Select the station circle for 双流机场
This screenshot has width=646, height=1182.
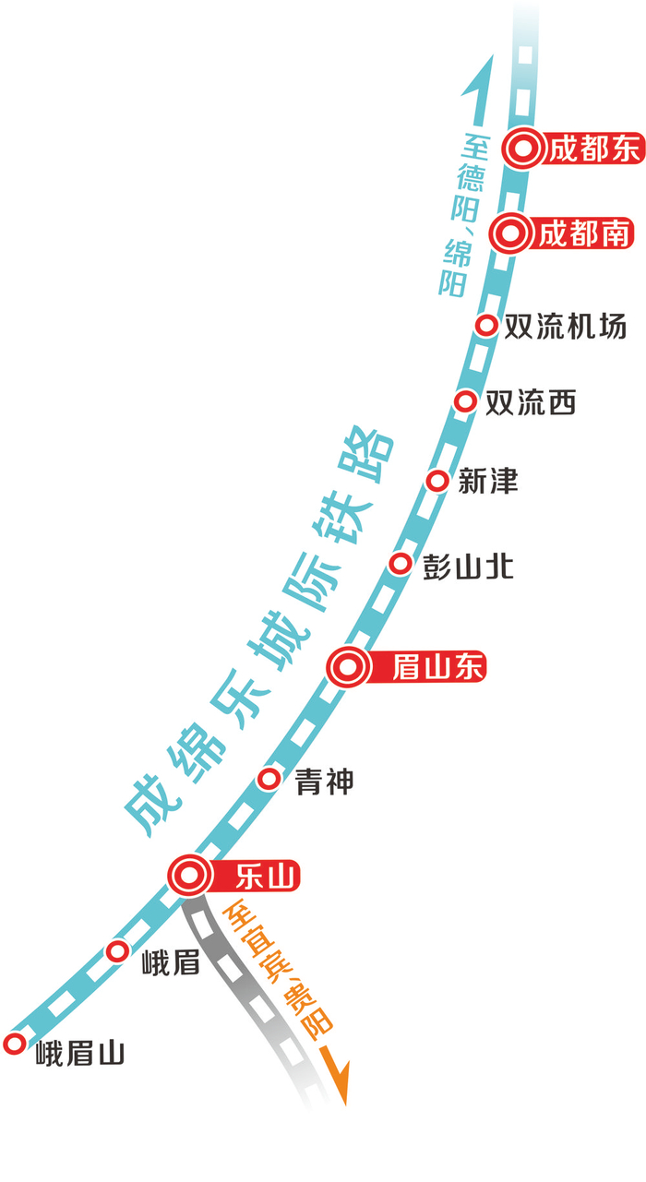[486, 325]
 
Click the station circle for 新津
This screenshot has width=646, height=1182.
[438, 481]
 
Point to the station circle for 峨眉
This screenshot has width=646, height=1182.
[117, 951]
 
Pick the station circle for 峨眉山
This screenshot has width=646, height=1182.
[14, 1044]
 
